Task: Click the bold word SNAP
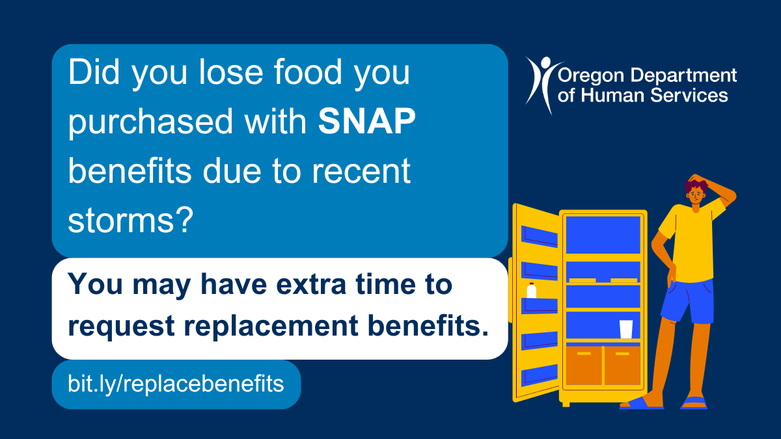pyautogui.click(x=367, y=121)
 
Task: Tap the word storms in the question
pyautogui.click(x=121, y=221)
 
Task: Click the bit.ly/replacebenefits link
pyautogui.click(x=176, y=384)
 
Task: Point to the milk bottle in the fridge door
pyautogui.click(x=531, y=291)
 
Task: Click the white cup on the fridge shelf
pyautogui.click(x=626, y=329)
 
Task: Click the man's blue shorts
pyautogui.click(x=687, y=301)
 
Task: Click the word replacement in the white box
pyautogui.click(x=271, y=326)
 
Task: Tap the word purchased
pyautogui.click(x=150, y=122)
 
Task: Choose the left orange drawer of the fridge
pyautogui.click(x=584, y=366)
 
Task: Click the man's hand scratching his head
pyautogui.click(x=696, y=180)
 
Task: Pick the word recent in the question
pyautogui.click(x=361, y=172)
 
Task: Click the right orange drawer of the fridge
pyautogui.click(x=622, y=366)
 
